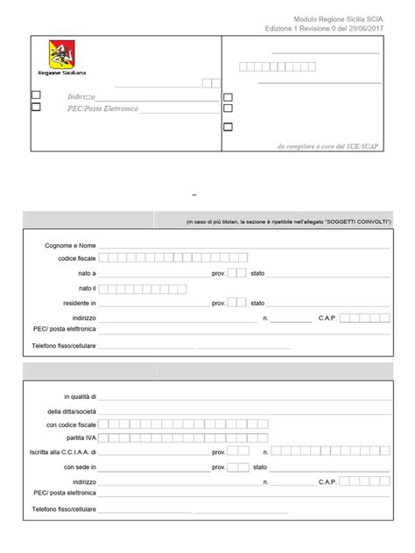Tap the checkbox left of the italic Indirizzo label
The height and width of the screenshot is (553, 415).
pyautogui.click(x=36, y=95)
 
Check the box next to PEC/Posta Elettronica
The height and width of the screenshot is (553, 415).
pyautogui.click(x=36, y=108)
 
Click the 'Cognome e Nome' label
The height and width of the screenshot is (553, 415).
pyautogui.click(x=71, y=245)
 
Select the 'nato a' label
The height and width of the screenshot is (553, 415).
pyautogui.click(x=87, y=273)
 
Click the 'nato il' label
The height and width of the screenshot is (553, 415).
pyautogui.click(x=87, y=288)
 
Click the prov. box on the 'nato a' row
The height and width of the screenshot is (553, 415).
pyautogui.click(x=236, y=273)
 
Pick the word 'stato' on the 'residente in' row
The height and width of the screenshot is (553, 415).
pyautogui.click(x=257, y=303)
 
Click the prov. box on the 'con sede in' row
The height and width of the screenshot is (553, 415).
pyautogui.click(x=236, y=467)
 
